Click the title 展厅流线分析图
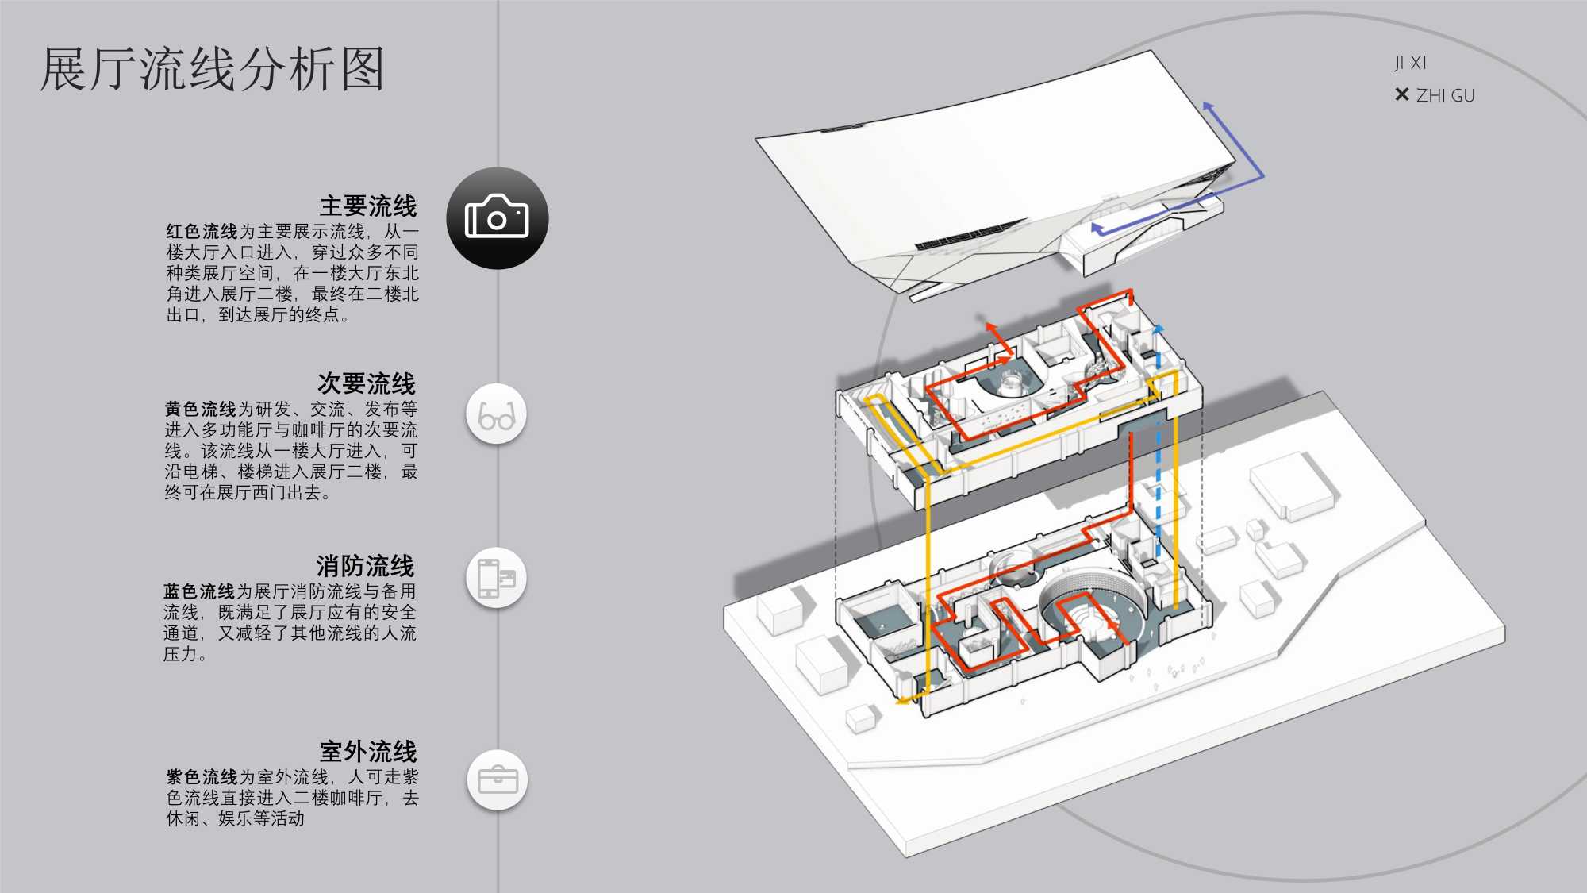213,70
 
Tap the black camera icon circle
498,218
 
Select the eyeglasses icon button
497,414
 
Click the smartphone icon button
497,578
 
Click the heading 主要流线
368,206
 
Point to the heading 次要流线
367,384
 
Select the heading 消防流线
365,567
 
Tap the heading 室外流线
368,752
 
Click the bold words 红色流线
202,232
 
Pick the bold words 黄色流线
200,410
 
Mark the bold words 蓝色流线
199,591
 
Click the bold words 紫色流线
202,777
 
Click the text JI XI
1410,63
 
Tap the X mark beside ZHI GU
1401,95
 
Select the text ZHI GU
1445,96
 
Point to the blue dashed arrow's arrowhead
1159,328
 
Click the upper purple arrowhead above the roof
1208,106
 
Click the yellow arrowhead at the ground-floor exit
901,701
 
